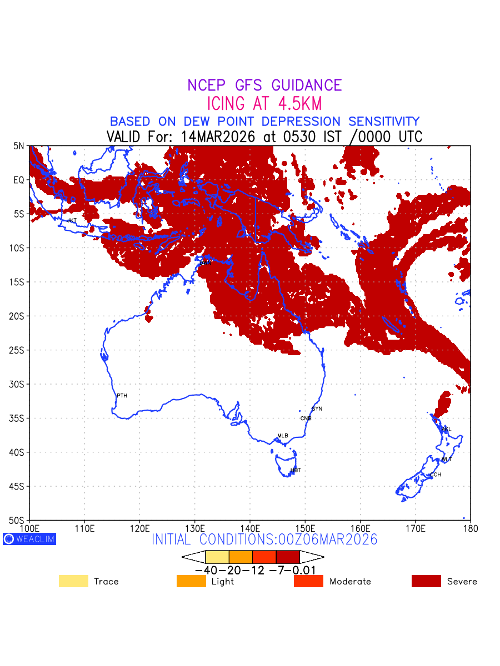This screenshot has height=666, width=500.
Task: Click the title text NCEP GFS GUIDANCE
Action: (264, 85)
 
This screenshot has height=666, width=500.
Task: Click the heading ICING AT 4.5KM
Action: (264, 104)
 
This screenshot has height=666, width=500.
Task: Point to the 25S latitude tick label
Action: (19, 350)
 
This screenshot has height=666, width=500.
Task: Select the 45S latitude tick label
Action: (19, 486)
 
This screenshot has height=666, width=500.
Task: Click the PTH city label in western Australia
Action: (122, 396)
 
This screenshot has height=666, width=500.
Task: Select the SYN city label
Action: (317, 409)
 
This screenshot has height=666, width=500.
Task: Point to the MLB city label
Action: (283, 436)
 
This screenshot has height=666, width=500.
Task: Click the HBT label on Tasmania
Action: (296, 470)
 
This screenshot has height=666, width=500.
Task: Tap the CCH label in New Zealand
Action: (436, 475)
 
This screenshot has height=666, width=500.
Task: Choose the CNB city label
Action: (306, 418)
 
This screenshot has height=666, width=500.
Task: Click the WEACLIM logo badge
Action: (29, 539)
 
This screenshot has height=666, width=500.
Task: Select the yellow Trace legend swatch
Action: (73, 581)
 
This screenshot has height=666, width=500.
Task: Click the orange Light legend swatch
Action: (191, 581)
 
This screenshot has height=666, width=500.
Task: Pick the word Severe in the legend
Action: (462, 582)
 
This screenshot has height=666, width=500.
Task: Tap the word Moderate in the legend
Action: (350, 582)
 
